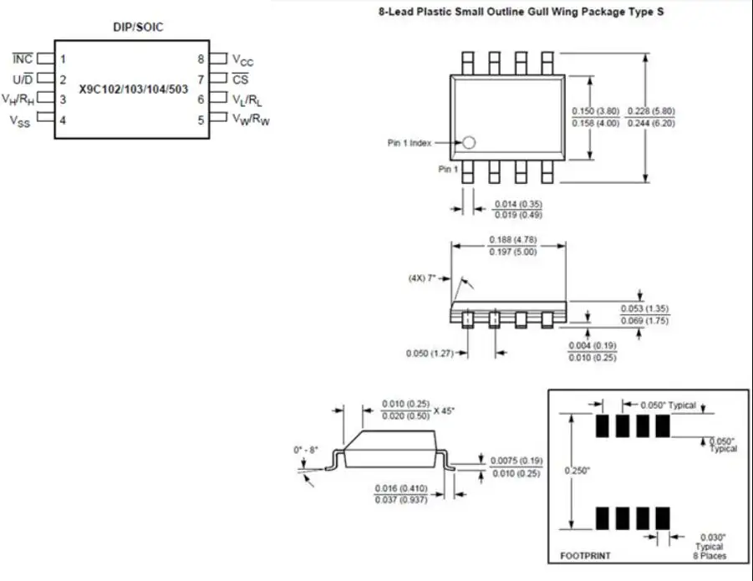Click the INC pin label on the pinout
coord(23,59)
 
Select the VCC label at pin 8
coord(242,60)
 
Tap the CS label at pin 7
coord(241,80)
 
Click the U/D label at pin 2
coord(23,79)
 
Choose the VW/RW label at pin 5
coord(251,120)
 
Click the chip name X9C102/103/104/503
coord(134,89)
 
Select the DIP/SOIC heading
coord(138,27)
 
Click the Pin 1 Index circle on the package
coord(469,143)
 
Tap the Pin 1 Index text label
coord(409,143)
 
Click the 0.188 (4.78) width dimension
coord(512,240)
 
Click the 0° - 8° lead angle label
coord(306,450)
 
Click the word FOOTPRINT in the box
coord(584,556)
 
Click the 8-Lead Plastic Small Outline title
coord(522,13)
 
